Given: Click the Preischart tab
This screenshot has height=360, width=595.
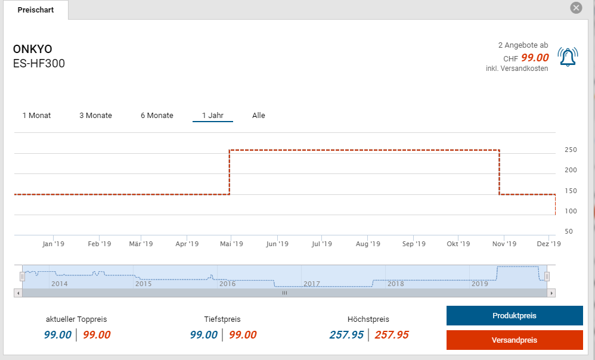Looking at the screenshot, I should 36,10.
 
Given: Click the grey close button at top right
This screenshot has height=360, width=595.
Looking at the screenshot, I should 576,8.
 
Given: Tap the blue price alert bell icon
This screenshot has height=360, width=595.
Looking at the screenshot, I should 568,57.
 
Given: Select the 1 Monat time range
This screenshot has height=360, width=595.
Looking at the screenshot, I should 36,115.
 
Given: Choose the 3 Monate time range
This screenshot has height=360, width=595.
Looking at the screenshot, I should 95,115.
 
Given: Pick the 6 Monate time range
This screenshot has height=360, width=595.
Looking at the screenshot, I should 157,115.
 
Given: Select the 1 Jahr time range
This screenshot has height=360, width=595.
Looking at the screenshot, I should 212,115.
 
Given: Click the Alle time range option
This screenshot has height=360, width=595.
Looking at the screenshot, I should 258,115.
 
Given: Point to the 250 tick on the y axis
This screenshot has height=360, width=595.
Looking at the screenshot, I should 571,150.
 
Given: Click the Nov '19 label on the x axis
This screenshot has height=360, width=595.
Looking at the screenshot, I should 504,244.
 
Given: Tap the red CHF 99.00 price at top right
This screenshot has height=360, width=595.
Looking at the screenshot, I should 535,58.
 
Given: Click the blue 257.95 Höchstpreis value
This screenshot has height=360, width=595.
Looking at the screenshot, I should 346,335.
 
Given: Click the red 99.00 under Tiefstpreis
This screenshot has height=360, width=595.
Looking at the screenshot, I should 243,335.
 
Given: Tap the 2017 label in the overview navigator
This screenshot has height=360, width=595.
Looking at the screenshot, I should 312,284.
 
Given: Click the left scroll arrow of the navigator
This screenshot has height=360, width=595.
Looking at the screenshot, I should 18,293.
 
